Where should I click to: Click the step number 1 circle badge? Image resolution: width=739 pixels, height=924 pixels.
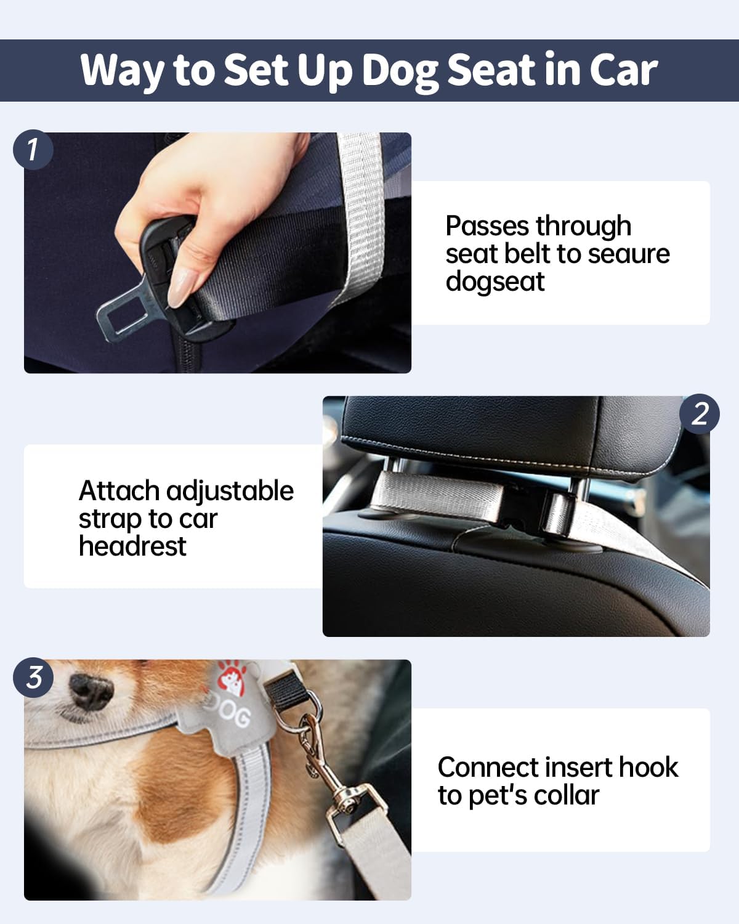click(x=33, y=150)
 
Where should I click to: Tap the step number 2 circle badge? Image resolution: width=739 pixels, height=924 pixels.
click(x=700, y=413)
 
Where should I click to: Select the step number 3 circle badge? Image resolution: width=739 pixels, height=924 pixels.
click(x=33, y=677)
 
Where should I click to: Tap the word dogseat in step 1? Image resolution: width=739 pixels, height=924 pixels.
click(x=495, y=282)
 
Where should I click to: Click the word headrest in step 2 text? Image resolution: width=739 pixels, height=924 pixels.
click(x=132, y=546)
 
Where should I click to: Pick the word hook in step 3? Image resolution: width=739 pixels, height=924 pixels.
click(x=648, y=768)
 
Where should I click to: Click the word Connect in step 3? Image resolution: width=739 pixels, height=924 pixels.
click(x=488, y=768)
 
